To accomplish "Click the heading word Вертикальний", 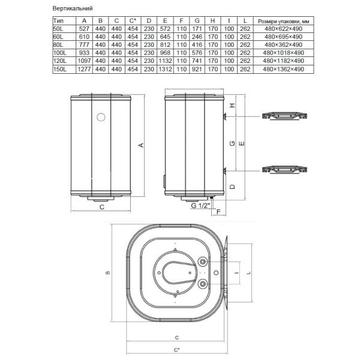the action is pyautogui.click(x=73, y=8).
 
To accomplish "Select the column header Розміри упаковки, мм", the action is pyautogui.click(x=283, y=22).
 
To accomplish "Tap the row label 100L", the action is pyautogui.click(x=59, y=53).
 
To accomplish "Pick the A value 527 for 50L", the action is pyautogui.click(x=84, y=29).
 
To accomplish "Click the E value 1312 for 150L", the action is pyautogui.click(x=165, y=69).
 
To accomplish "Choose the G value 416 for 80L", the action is pyautogui.click(x=197, y=45).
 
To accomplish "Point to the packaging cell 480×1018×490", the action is pyautogui.click(x=283, y=53).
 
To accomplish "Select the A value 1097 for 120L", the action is pyautogui.click(x=84, y=61).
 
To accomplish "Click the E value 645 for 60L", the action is pyautogui.click(x=165, y=37).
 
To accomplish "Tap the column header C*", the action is pyautogui.click(x=133, y=21).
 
